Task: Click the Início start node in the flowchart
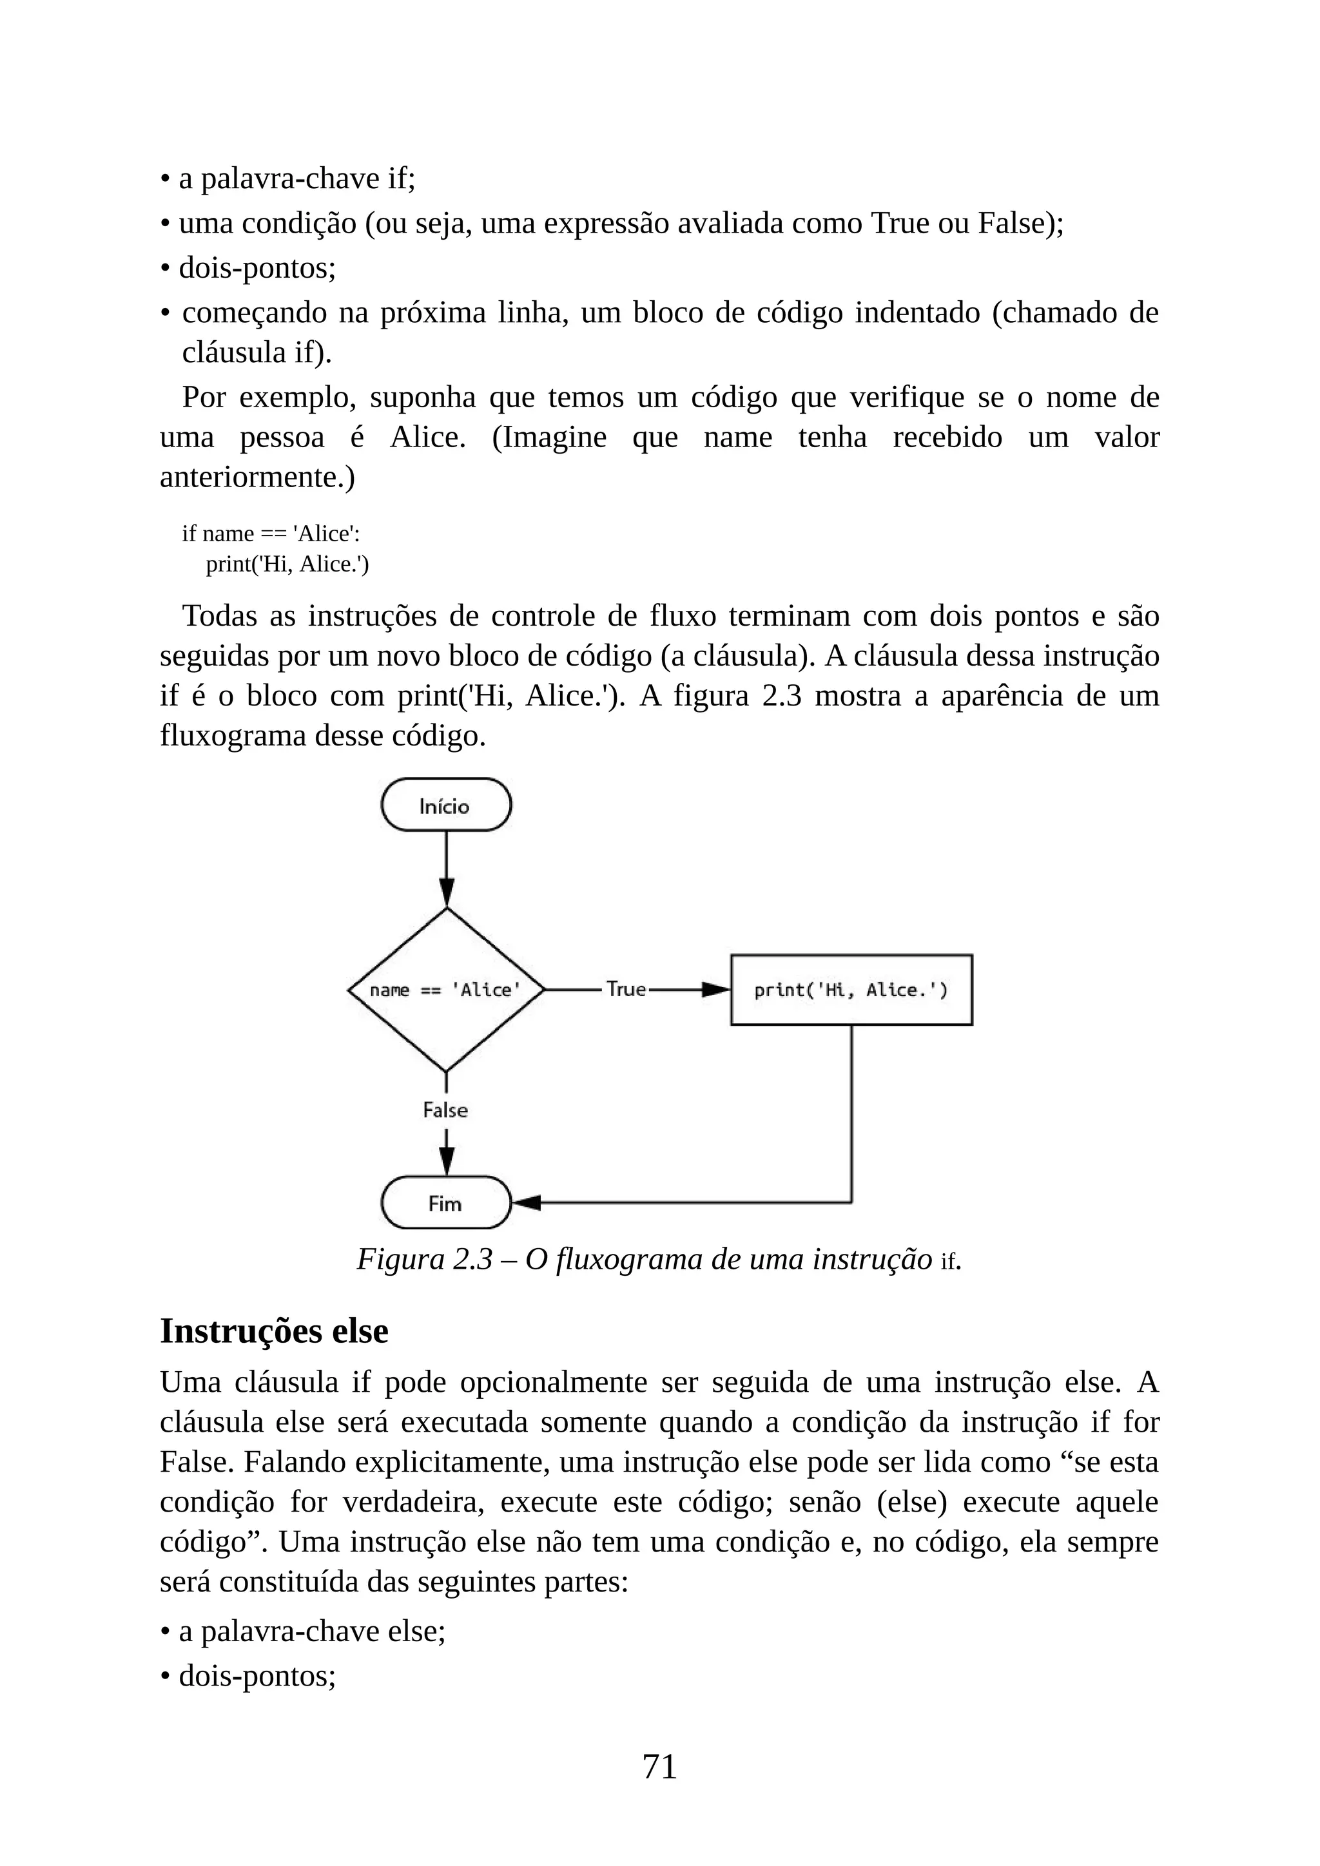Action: click(x=445, y=805)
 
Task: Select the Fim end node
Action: click(x=445, y=1203)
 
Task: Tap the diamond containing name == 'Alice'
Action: click(x=445, y=990)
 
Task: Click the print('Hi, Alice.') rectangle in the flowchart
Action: click(x=851, y=990)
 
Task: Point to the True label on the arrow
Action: click(x=626, y=989)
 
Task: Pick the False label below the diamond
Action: click(x=445, y=1110)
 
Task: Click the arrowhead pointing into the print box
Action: click(x=715, y=990)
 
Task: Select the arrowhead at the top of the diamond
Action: click(x=446, y=892)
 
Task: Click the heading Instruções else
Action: click(x=274, y=1331)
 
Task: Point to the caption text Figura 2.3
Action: click(x=424, y=1259)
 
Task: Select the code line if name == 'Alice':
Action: click(x=271, y=533)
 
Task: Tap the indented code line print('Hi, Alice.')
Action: click(x=287, y=563)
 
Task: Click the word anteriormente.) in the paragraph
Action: click(x=257, y=477)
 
